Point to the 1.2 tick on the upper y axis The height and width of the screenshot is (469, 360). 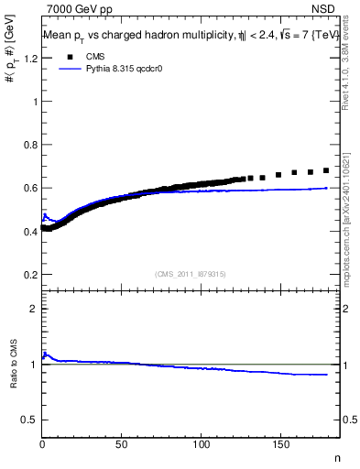coord(30,59)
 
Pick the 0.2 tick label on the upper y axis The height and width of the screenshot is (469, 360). coord(30,274)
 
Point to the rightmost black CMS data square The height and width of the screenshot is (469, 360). coord(327,170)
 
